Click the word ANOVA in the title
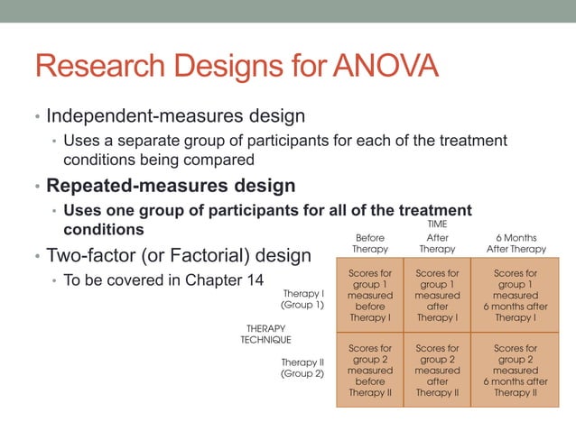click(386, 68)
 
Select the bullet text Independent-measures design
click(175, 116)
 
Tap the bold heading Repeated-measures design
click(171, 187)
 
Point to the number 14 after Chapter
click(255, 280)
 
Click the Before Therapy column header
click(369, 243)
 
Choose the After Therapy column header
click(437, 243)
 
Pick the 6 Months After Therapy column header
click(516, 243)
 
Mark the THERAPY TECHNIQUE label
click(265, 334)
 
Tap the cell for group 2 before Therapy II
click(369, 370)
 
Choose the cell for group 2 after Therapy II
click(437, 370)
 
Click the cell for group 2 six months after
click(516, 370)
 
